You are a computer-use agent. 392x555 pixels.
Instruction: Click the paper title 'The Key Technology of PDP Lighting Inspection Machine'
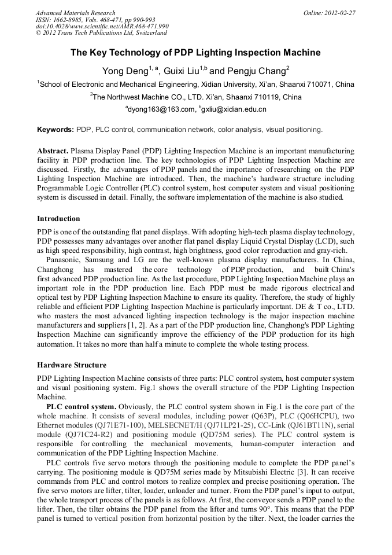(x=195, y=53)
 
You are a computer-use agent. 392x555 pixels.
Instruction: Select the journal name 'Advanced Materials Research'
(x=75, y=13)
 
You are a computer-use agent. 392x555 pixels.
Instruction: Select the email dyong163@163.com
(x=161, y=109)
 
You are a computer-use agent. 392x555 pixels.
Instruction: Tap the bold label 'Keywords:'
(x=56, y=129)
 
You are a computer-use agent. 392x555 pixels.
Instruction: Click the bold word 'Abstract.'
(x=53, y=150)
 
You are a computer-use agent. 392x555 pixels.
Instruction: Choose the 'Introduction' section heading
(x=58, y=219)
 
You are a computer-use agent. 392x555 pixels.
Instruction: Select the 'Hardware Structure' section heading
(x=72, y=365)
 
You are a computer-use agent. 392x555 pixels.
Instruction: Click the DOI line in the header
(x=102, y=27)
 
